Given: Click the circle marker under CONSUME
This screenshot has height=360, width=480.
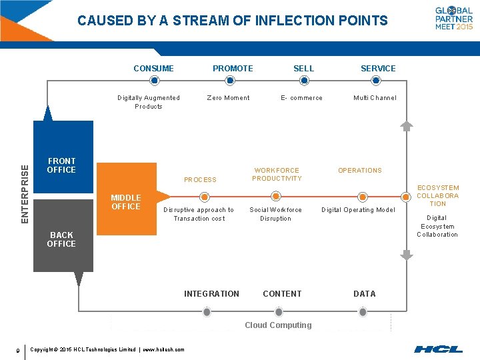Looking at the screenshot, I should pyautogui.click(x=154, y=81).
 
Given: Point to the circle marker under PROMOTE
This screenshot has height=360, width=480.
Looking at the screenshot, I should pyautogui.click(x=230, y=81).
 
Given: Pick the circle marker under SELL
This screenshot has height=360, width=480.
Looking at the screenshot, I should pyautogui.click(x=304, y=81).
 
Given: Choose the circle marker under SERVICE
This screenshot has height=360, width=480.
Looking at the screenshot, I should pyautogui.click(x=375, y=81).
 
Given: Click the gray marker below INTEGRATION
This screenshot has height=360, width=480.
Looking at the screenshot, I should pyautogui.click(x=207, y=312).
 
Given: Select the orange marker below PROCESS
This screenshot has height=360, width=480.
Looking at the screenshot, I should pyautogui.click(x=205, y=197).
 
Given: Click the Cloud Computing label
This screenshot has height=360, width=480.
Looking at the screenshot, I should pyautogui.click(x=278, y=325).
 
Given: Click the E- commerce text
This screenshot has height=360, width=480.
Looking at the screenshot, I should pyautogui.click(x=301, y=98).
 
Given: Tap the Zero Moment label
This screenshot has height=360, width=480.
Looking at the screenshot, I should pyautogui.click(x=228, y=98).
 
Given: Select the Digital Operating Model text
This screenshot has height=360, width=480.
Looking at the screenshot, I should pyautogui.click(x=358, y=210).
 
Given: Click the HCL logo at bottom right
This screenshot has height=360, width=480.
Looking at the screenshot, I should pyautogui.click(x=438, y=349).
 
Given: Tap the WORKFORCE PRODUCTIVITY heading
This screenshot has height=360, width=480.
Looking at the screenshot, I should pyautogui.click(x=277, y=175).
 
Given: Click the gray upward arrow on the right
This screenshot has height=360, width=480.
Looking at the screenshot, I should pyautogui.click(x=407, y=125).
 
